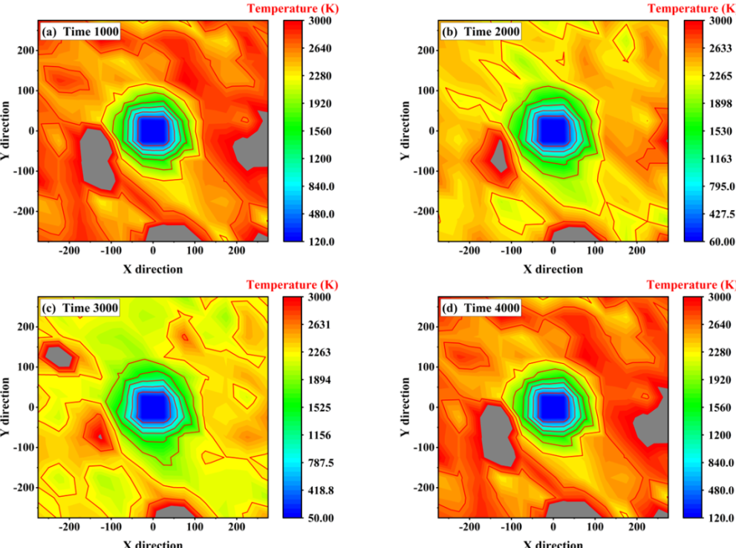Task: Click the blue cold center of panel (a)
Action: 154,131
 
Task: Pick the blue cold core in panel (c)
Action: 154,406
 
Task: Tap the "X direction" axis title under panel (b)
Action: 553,269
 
